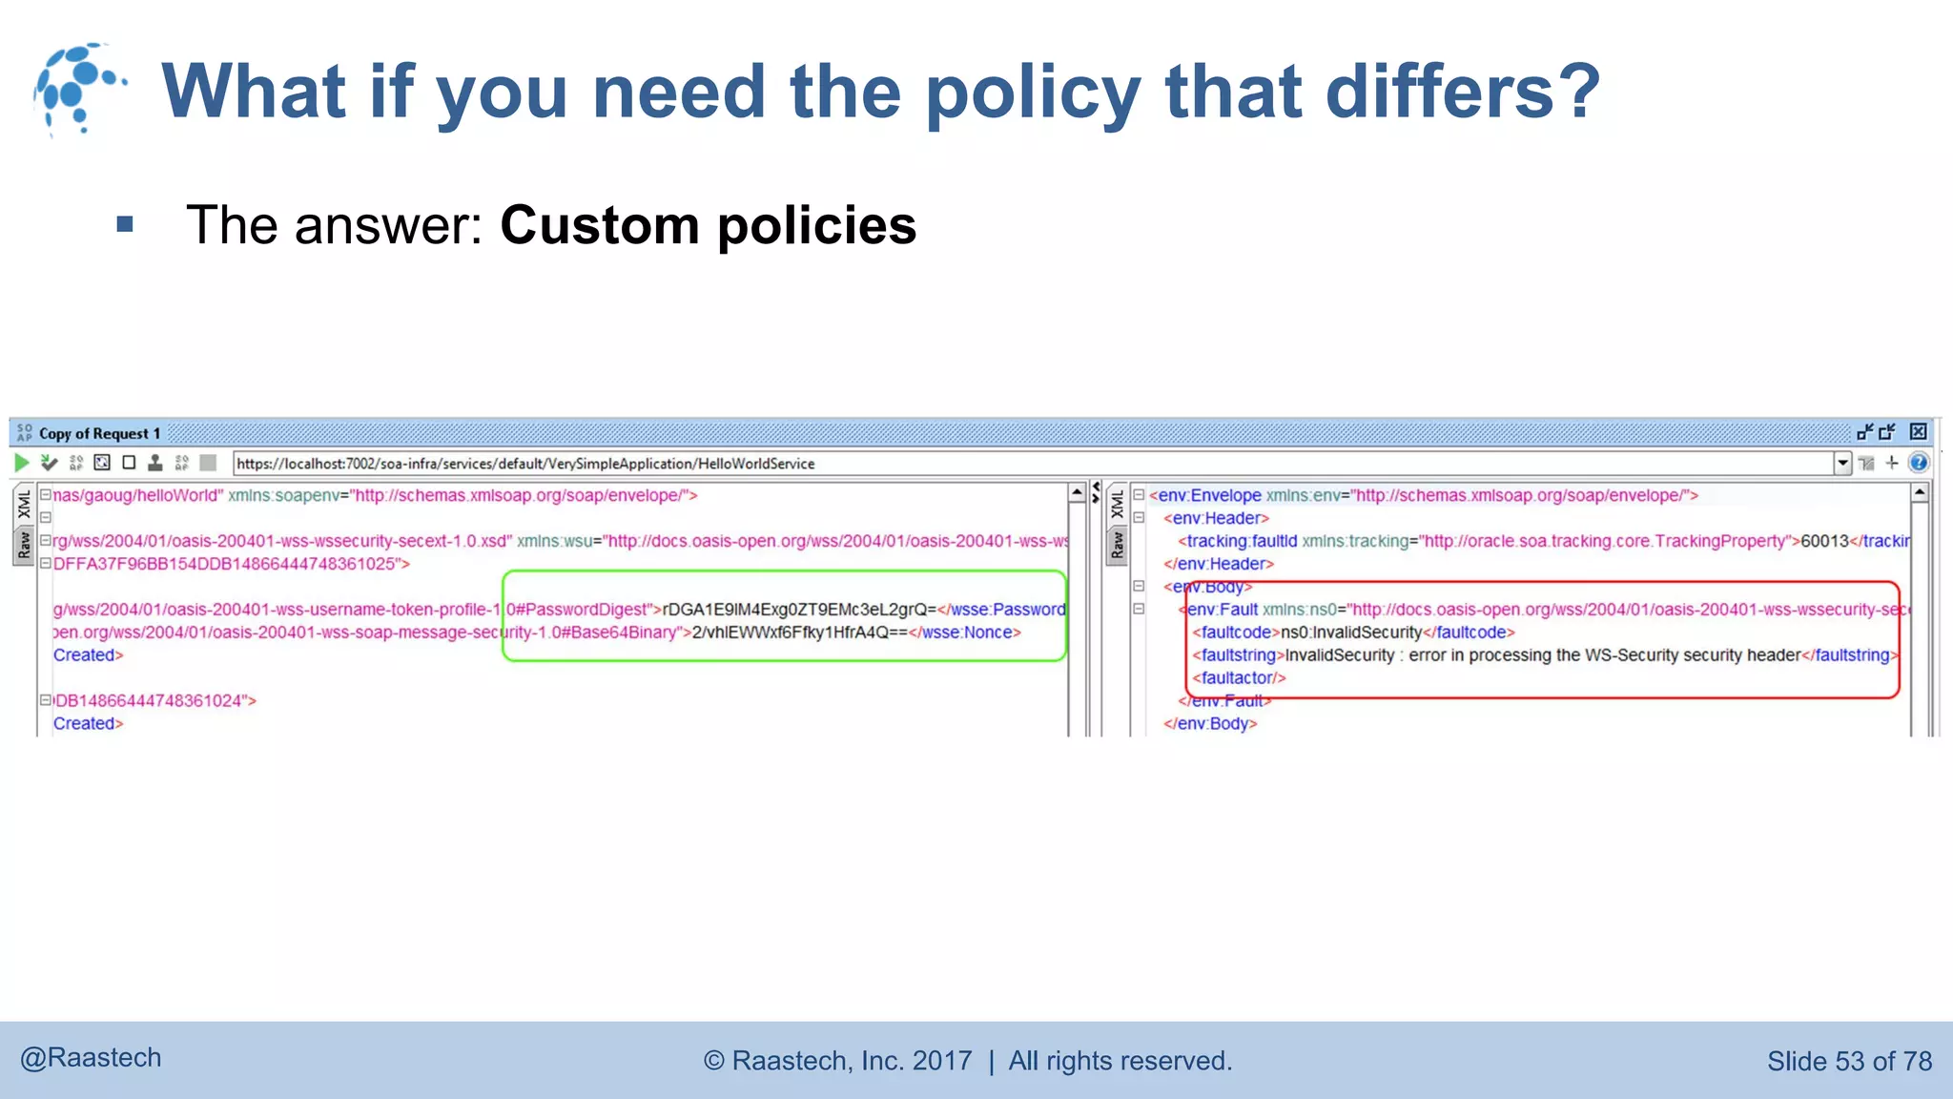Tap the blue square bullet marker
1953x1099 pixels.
pyautogui.click(x=125, y=225)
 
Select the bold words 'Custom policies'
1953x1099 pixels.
pyautogui.click(x=708, y=225)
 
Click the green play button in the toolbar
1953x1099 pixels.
pyautogui.click(x=22, y=464)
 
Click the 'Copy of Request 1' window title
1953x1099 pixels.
pyautogui.click(x=99, y=433)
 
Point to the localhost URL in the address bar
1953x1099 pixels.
pyautogui.click(x=525, y=464)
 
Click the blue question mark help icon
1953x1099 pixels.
pyautogui.click(x=1919, y=464)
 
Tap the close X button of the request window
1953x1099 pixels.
pyautogui.click(x=1918, y=432)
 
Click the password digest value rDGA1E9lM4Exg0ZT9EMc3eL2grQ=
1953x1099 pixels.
pyautogui.click(x=799, y=610)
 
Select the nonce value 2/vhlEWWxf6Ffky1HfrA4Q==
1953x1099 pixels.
pyautogui.click(x=799, y=632)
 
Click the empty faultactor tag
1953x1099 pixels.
pyautogui.click(x=1239, y=678)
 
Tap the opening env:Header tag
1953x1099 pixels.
pyautogui.click(x=1216, y=518)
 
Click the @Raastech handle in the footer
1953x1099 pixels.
pyautogui.click(x=91, y=1058)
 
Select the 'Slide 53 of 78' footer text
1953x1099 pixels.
pyautogui.click(x=1849, y=1061)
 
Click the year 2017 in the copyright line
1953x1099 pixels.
pyautogui.click(x=942, y=1061)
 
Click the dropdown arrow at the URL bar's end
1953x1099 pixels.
pyautogui.click(x=1842, y=464)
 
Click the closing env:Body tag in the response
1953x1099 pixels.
pyautogui.click(x=1210, y=724)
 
